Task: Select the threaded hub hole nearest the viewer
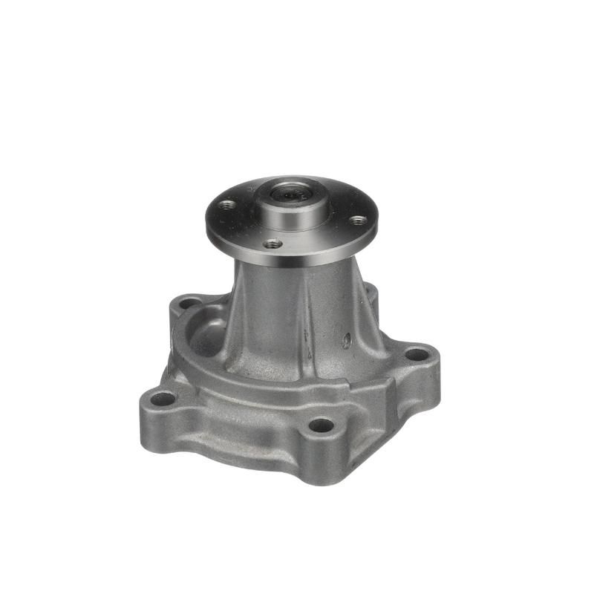(x=273, y=243)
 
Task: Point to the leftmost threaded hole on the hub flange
(x=228, y=205)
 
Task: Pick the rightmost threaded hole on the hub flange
(x=358, y=220)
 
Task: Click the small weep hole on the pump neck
(x=346, y=340)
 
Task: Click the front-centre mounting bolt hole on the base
(x=321, y=425)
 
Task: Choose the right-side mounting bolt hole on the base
(x=417, y=354)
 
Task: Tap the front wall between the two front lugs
(x=238, y=431)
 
